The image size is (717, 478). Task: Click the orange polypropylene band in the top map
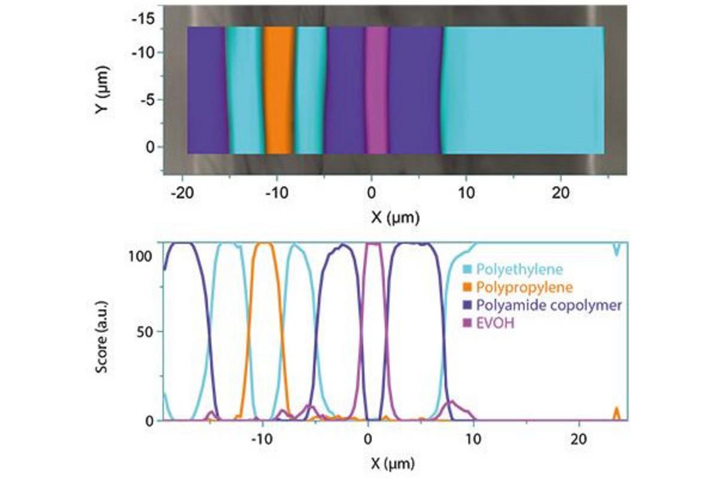click(280, 90)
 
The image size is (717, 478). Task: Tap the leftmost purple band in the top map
click(207, 90)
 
